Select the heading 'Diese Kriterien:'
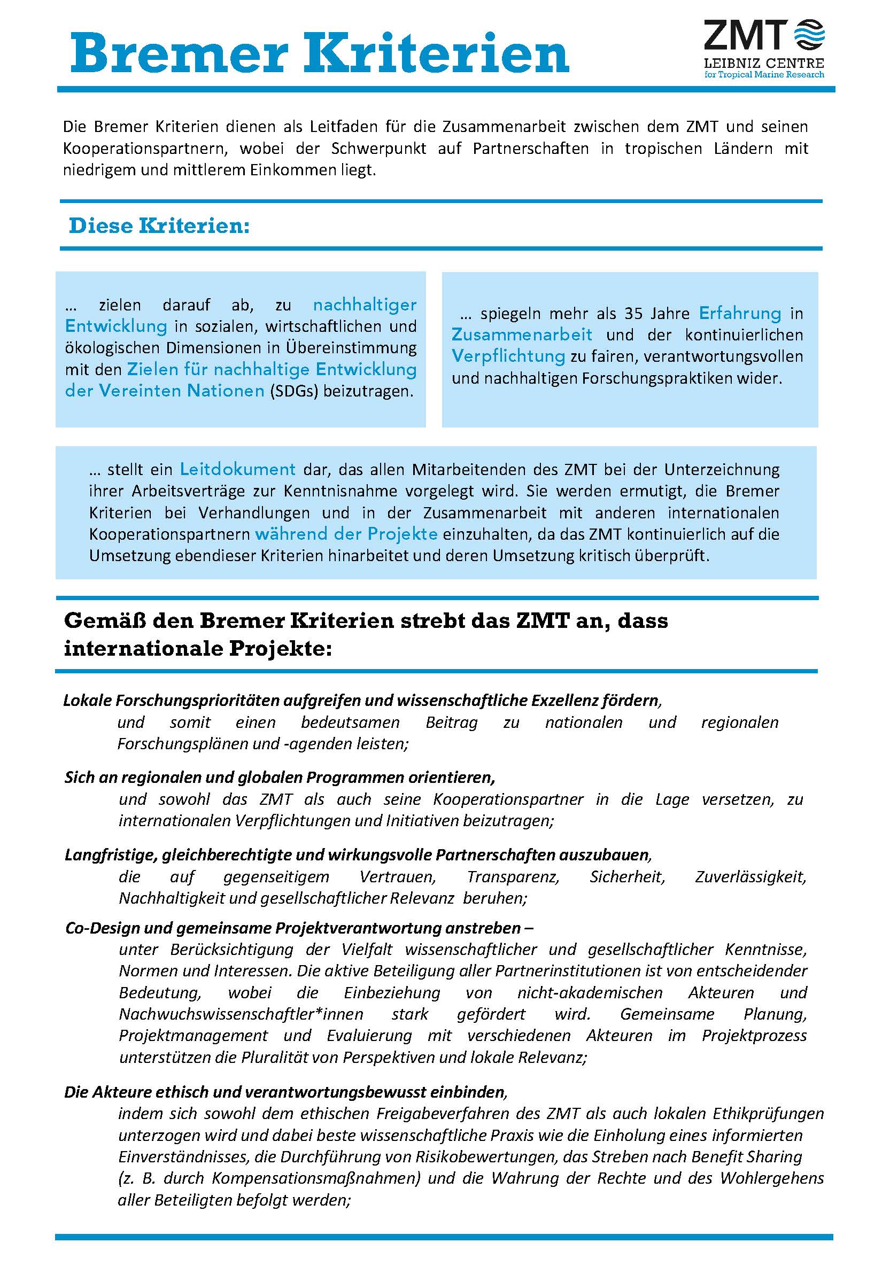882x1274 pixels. pyautogui.click(x=159, y=226)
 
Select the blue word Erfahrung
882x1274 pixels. pyautogui.click(x=740, y=313)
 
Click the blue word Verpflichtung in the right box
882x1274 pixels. pyautogui.click(x=508, y=356)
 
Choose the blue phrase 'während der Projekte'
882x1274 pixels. pyautogui.click(x=346, y=534)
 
